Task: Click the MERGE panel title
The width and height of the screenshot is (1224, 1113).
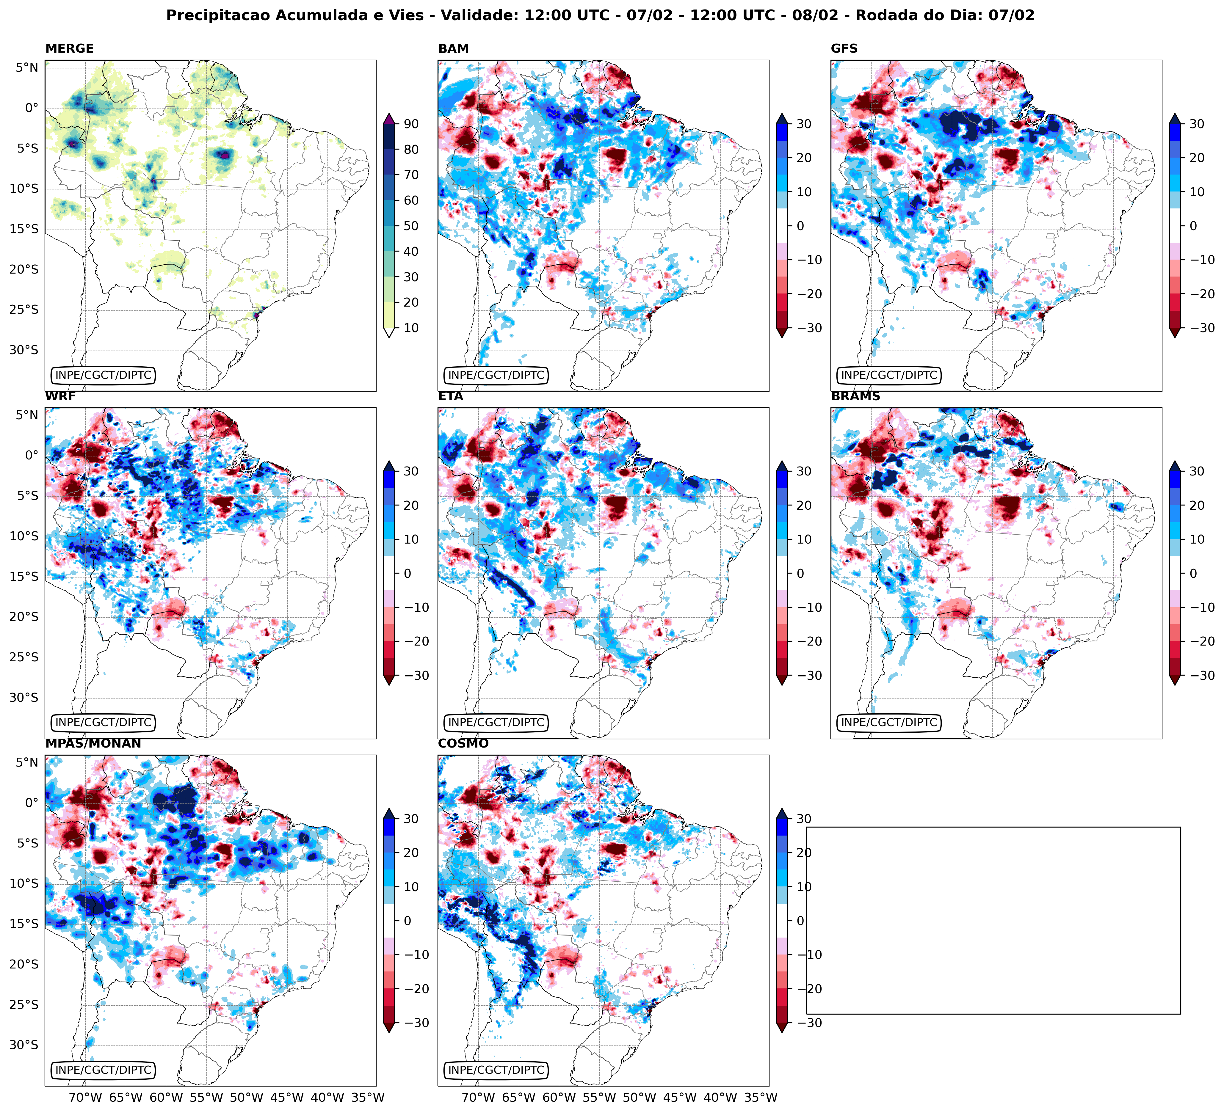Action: pos(69,48)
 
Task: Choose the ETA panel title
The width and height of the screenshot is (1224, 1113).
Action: pos(451,396)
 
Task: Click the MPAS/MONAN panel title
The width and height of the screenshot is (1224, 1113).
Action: pos(93,743)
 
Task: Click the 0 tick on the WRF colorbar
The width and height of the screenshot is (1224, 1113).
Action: pos(407,574)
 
